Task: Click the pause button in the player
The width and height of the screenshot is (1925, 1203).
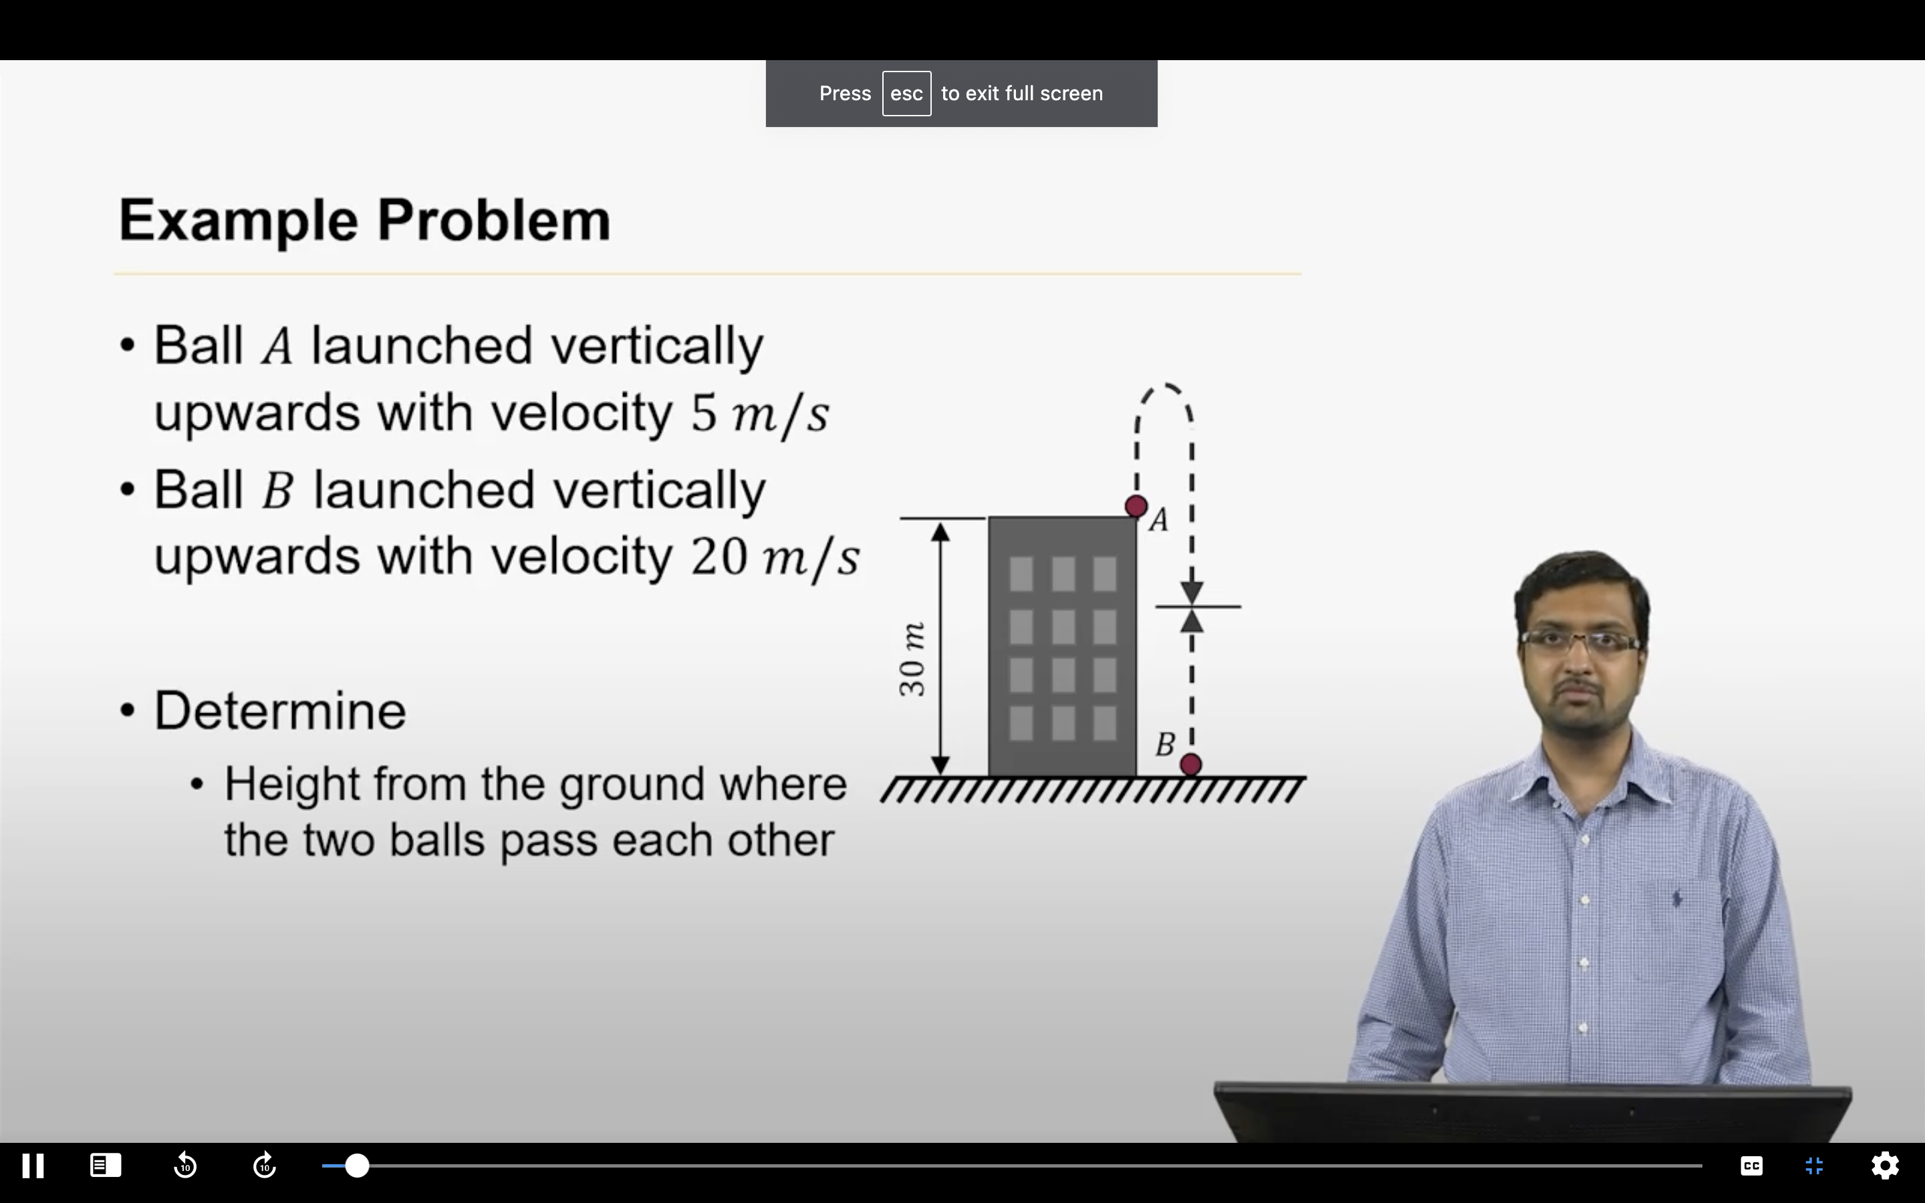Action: click(33, 1166)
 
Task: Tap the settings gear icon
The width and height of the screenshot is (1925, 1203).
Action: click(1884, 1166)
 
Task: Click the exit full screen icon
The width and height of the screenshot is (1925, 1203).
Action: click(1815, 1166)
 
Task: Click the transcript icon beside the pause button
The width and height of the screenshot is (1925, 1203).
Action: click(106, 1166)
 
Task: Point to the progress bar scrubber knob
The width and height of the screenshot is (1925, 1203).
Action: click(357, 1166)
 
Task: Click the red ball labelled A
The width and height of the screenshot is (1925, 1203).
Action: click(1136, 506)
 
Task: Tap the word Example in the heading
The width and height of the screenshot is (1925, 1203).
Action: click(238, 221)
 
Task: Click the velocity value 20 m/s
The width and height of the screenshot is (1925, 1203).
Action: click(774, 556)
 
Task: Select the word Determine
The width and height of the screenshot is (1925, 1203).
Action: click(280, 710)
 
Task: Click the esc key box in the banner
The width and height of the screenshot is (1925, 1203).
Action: click(906, 94)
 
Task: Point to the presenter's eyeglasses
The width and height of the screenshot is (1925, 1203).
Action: click(1580, 642)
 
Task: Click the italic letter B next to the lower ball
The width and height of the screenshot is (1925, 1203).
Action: click(1165, 745)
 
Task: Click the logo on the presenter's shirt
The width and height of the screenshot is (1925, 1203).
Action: click(1677, 898)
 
